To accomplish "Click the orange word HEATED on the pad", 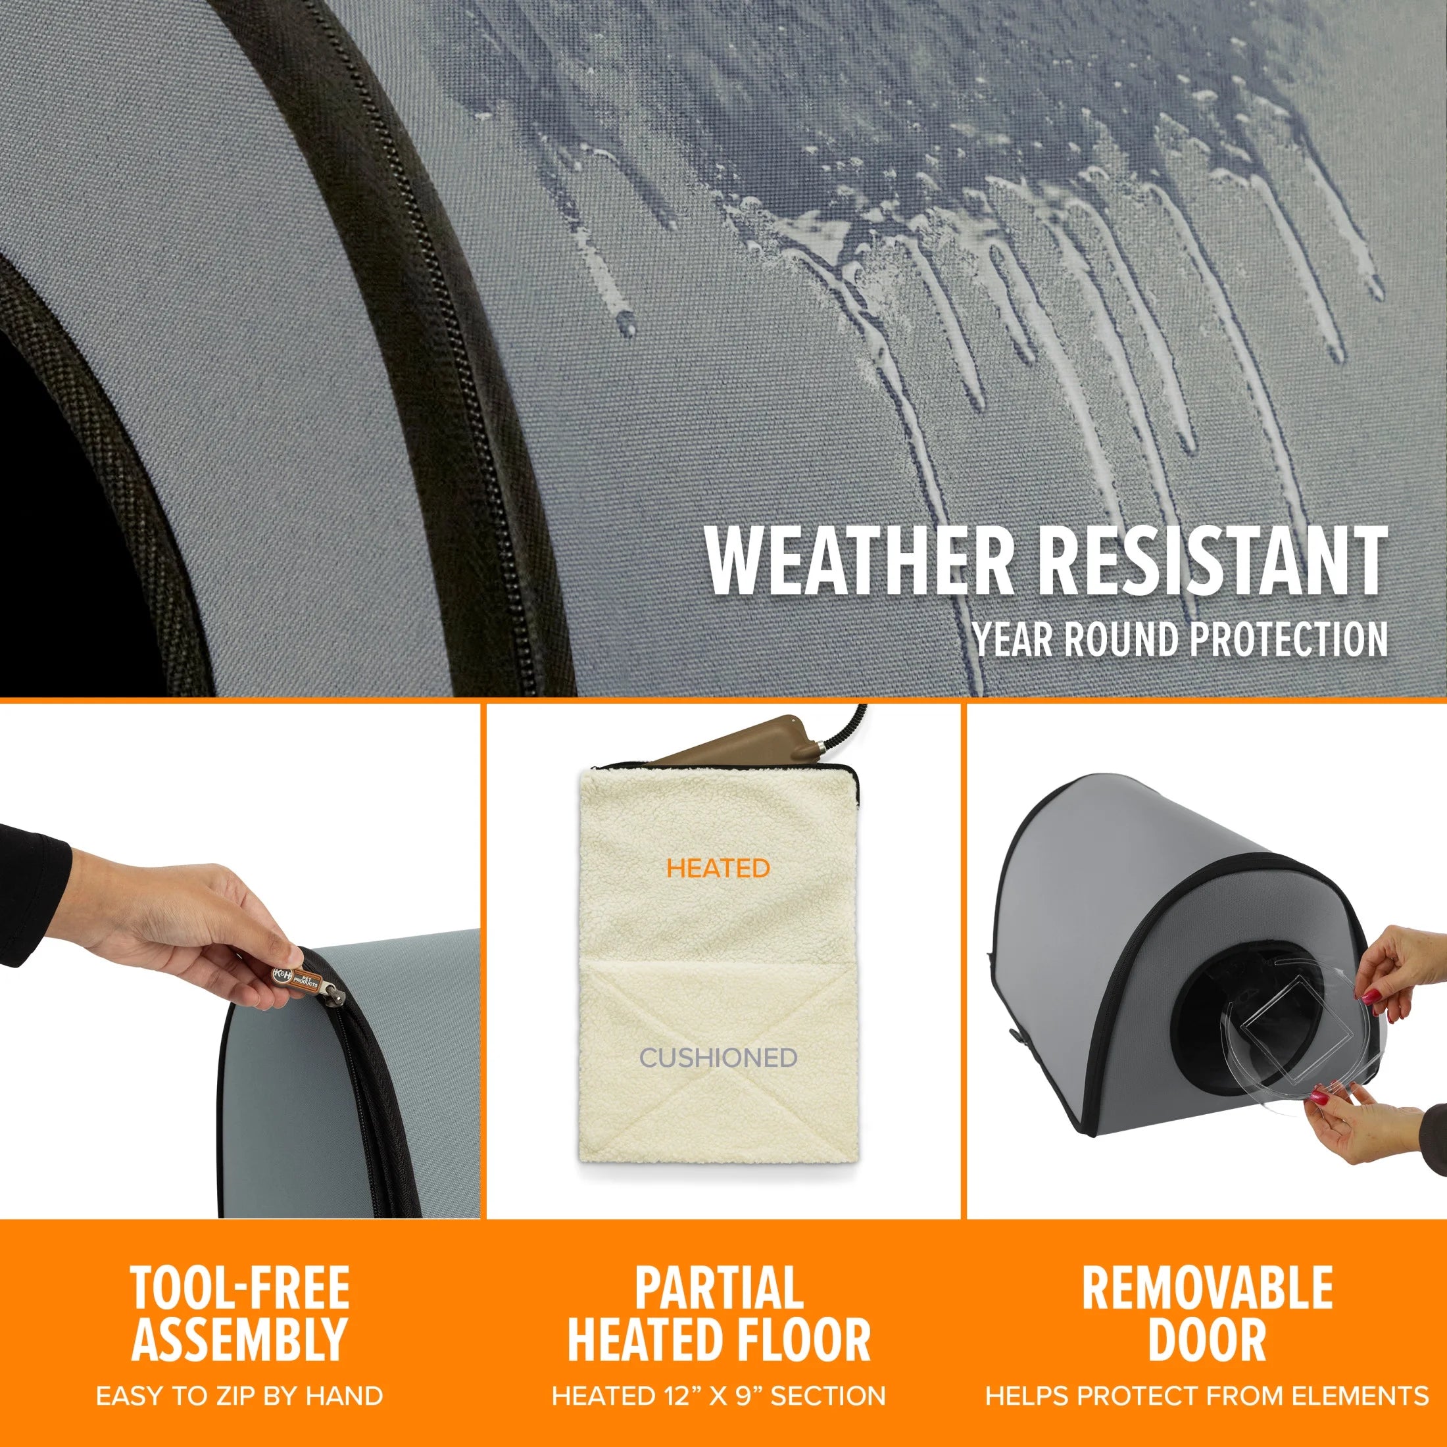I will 718,869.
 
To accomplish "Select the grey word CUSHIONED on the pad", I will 718,1058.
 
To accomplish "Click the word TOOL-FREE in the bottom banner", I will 239,1287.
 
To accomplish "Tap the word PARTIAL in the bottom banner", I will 719,1287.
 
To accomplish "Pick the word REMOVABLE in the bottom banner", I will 1206,1287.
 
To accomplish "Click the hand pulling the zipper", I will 187,929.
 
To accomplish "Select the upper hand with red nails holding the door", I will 1408,973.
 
